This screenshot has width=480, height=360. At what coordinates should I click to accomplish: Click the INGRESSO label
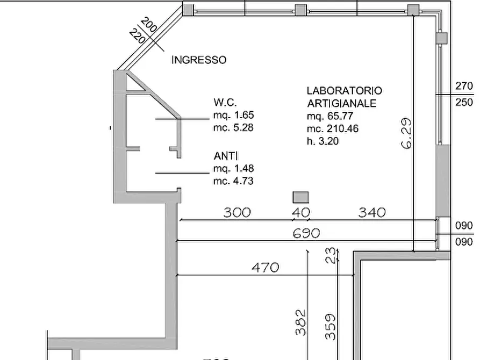coord(198,60)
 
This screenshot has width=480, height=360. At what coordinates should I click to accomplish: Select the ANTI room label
coord(224,156)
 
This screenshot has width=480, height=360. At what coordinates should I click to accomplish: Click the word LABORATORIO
coord(344,91)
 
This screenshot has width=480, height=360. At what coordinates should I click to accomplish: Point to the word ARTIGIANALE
coord(341,103)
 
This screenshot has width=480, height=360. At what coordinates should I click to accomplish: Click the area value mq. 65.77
coord(331,116)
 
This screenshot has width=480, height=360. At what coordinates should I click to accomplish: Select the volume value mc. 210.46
coord(333,129)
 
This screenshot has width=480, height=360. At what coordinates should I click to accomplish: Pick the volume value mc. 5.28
coord(233,128)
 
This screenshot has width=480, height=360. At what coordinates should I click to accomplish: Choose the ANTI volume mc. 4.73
coord(233,182)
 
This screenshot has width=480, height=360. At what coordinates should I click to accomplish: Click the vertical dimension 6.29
coord(407,133)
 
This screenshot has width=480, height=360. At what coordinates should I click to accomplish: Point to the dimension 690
coord(306,233)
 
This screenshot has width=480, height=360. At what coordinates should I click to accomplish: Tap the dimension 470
coord(266,267)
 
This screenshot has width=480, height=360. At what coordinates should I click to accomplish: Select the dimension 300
coord(237,212)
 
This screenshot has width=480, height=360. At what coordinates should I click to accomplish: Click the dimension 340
coord(372,212)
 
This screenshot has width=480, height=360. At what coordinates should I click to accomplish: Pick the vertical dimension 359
coord(331,327)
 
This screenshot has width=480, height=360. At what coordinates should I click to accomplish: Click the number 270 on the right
coord(464,86)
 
